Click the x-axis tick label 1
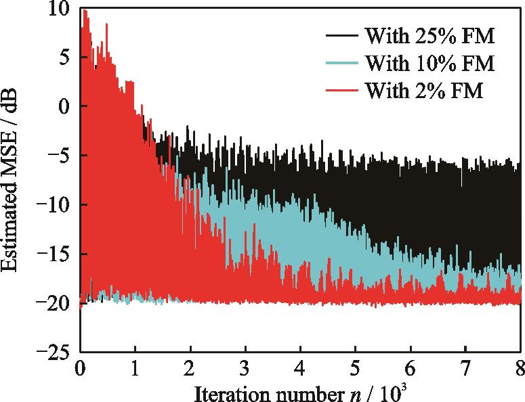pos(135,370)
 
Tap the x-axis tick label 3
pos(245,370)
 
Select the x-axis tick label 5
pos(355,370)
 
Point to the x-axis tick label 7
pos(465,370)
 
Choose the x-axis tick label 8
pos(519,370)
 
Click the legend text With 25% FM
pos(429,35)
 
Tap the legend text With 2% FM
pos(423,91)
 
